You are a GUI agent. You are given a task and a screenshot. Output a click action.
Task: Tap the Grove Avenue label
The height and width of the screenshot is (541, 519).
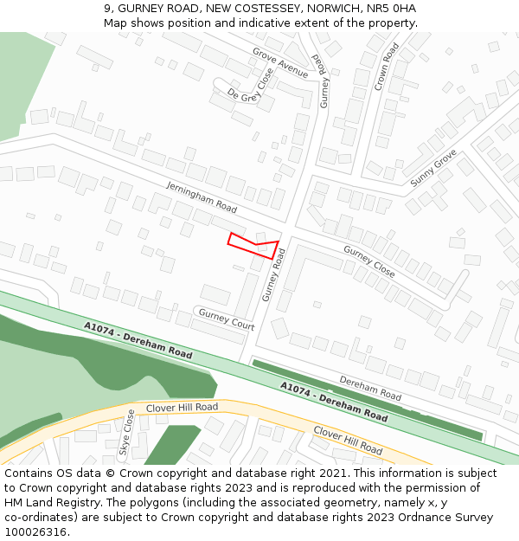(x=279, y=61)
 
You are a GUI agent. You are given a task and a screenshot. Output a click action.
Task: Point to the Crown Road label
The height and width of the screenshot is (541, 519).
(x=386, y=67)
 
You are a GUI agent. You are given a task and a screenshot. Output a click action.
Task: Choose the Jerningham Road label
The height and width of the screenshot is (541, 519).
(x=202, y=197)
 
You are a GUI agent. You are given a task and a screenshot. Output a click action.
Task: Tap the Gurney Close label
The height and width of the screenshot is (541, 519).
(x=368, y=261)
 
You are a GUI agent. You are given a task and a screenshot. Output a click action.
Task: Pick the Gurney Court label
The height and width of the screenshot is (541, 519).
(x=227, y=319)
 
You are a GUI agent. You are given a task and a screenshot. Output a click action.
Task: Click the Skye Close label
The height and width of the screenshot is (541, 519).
(x=126, y=433)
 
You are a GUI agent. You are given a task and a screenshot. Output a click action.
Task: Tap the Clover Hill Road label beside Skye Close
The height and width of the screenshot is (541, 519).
(x=182, y=407)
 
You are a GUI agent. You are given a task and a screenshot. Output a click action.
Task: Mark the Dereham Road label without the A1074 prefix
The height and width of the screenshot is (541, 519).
(x=369, y=388)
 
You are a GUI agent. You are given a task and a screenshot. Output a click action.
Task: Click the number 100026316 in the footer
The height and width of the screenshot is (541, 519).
(x=36, y=531)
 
